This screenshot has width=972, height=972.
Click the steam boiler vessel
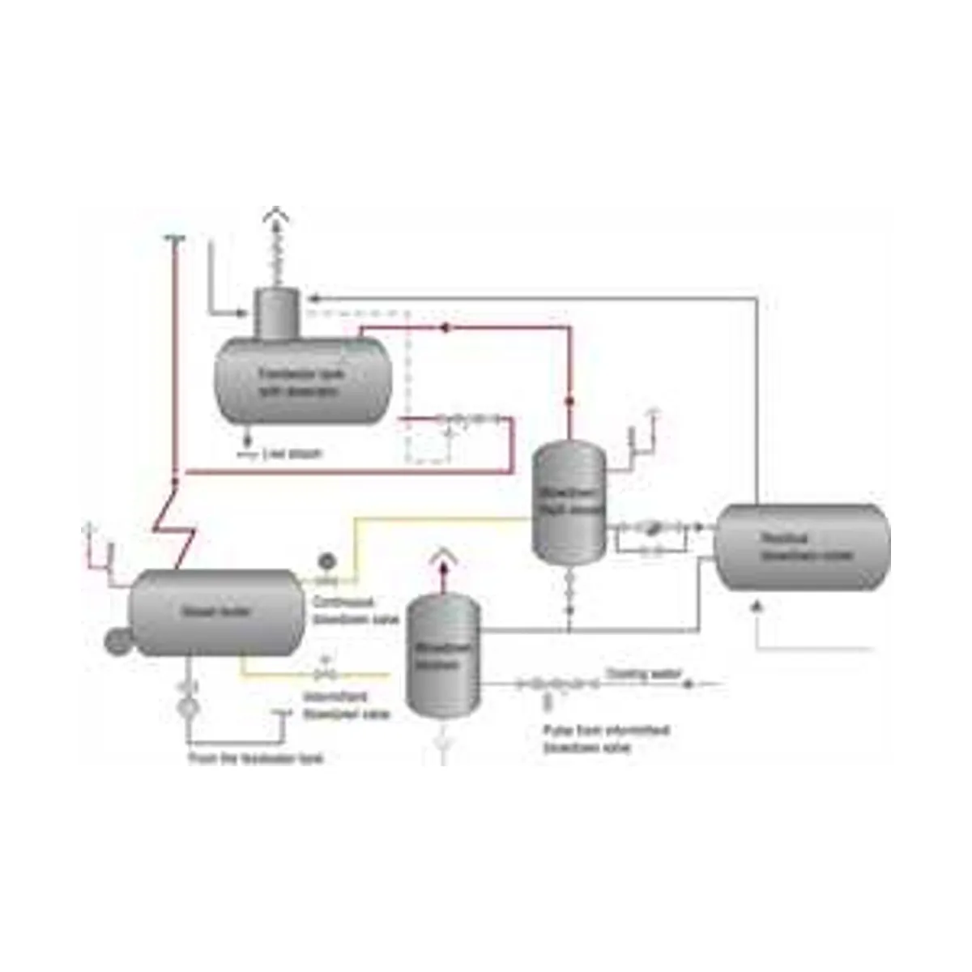point(215,612)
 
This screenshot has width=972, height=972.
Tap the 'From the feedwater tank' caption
point(255,759)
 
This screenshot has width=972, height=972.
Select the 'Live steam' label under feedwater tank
point(292,454)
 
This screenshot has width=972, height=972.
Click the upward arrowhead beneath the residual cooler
point(757,604)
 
